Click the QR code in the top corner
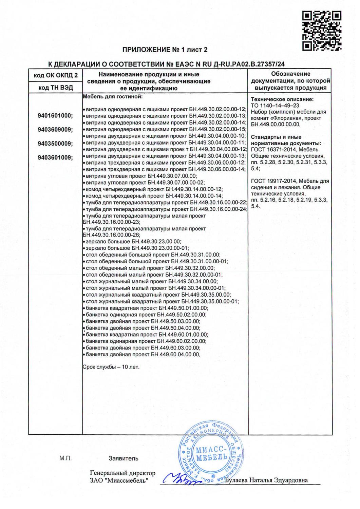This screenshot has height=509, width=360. tap(322, 31)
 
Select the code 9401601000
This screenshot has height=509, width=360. tap(55, 116)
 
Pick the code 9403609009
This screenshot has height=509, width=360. tap(55, 130)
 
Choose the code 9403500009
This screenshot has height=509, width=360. tap(55, 144)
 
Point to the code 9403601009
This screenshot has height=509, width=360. tap(55, 157)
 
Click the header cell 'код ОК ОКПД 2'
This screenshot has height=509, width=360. tap(56, 75)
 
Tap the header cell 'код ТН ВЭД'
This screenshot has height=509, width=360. tap(56, 88)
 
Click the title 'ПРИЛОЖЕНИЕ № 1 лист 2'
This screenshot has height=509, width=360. tap(165, 50)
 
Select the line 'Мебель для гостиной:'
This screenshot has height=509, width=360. tap(113, 97)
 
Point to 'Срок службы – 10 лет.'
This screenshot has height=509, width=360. tap(111, 367)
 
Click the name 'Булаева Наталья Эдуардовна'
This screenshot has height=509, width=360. tap(268, 480)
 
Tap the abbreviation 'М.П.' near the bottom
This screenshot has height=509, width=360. tap(66, 458)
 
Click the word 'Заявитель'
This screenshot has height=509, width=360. tap(124, 458)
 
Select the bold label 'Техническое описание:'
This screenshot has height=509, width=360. tap(282, 99)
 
